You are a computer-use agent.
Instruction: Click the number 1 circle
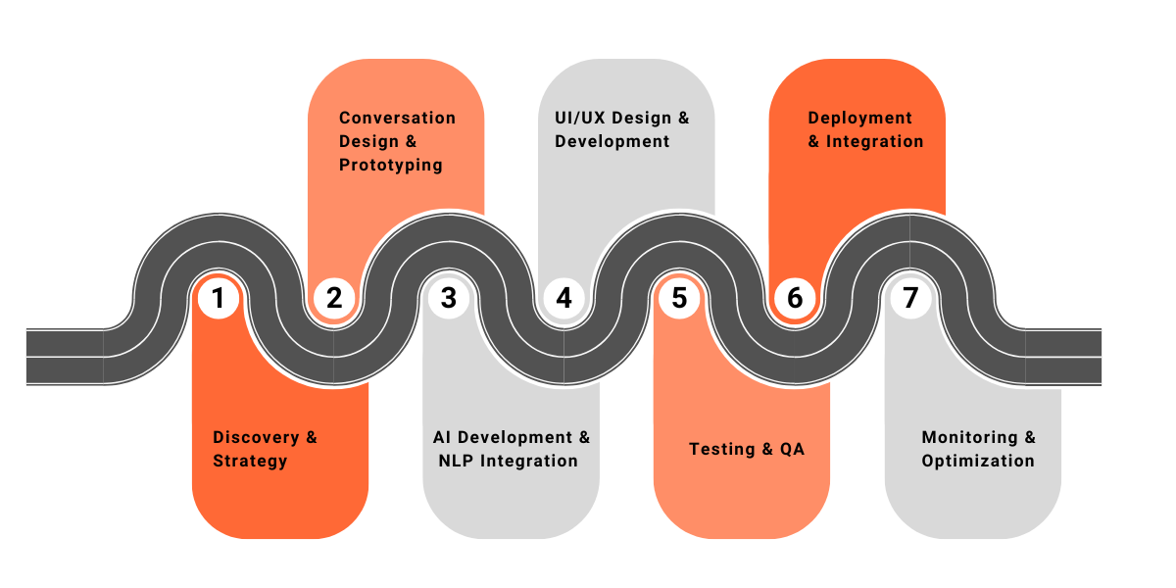pos(219,297)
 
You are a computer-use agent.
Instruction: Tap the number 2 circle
pos(334,297)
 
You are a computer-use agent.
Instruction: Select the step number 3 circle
pos(449,297)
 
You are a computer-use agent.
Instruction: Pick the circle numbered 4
pos(563,297)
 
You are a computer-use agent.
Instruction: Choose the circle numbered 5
pos(679,297)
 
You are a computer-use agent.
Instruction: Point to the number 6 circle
pos(795,297)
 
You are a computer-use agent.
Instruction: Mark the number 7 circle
pos(910,297)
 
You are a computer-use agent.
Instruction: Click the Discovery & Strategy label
pos(265,449)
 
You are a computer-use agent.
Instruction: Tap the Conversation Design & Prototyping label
pos(397,141)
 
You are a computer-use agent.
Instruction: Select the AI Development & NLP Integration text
pos(512,449)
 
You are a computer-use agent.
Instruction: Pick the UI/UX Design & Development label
pos(621,129)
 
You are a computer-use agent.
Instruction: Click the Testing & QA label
pos(746,449)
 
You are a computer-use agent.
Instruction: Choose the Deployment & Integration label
pos(865,129)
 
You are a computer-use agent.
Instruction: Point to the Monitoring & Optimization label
pos(978,449)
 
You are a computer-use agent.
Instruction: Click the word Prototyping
pos(390,165)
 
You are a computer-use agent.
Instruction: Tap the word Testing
pos(721,449)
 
